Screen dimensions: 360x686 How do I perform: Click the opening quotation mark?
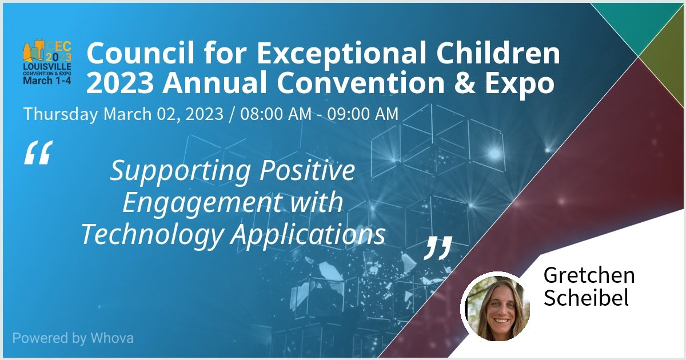pyautogui.click(x=38, y=153)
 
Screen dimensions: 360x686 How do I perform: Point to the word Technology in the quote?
pyautogui.click(x=151, y=234)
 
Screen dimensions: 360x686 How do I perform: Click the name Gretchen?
pyautogui.click(x=589, y=275)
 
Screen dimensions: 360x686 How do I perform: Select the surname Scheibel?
pyautogui.click(x=586, y=298)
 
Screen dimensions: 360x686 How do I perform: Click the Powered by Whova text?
pyautogui.click(x=73, y=338)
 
